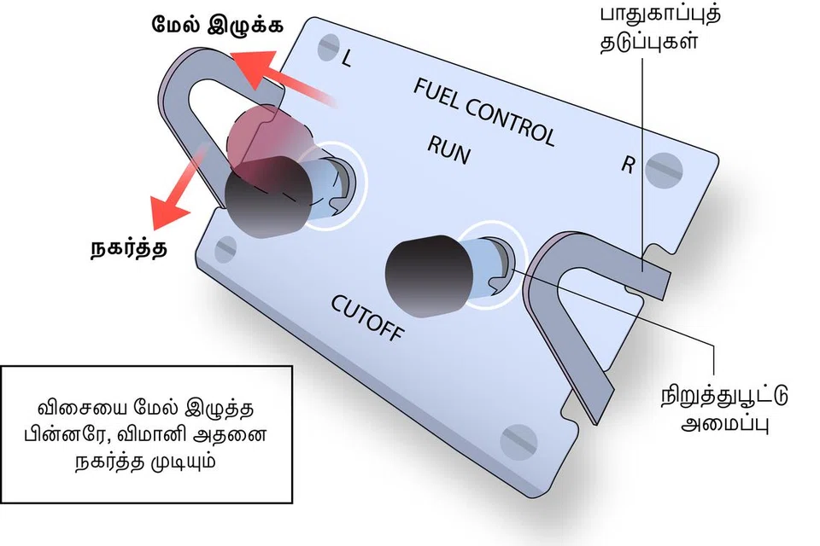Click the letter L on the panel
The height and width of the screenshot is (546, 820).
click(x=346, y=60)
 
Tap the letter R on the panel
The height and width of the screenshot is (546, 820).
click(x=628, y=165)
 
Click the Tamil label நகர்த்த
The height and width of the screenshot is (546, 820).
click(x=127, y=248)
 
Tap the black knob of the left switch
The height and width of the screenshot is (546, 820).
click(x=261, y=196)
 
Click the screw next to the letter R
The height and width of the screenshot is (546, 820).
click(x=665, y=171)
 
